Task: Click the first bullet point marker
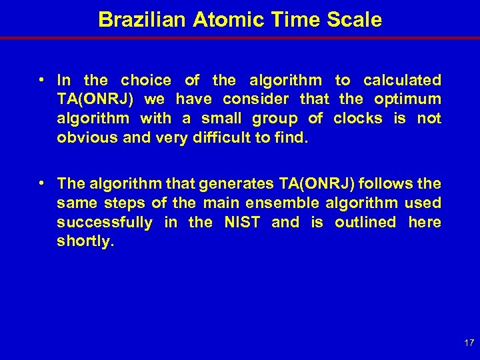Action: pyautogui.click(x=41, y=80)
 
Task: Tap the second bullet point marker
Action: pyautogui.click(x=41, y=183)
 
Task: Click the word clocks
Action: pyautogui.click(x=358, y=119)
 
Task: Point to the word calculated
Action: pyautogui.click(x=402, y=81)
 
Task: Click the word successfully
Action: pyautogui.click(x=105, y=222)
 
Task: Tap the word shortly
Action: pyautogui.click(x=85, y=241)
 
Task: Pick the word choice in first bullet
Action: pyautogui.click(x=146, y=81)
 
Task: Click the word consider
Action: pyautogui.click(x=256, y=99)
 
